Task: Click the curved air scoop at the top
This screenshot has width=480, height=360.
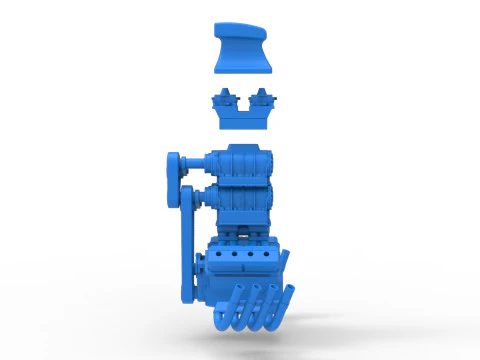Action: (x=242, y=50)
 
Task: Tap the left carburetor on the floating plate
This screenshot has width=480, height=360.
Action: (x=225, y=99)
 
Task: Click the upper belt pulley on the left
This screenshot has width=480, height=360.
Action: (x=174, y=165)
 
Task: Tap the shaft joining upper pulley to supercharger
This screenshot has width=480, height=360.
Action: (x=196, y=163)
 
